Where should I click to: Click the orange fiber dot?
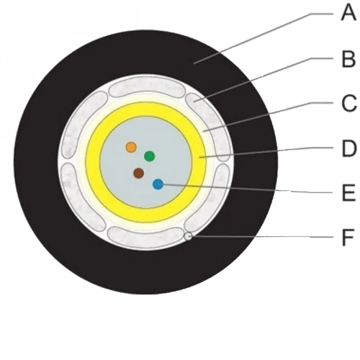click(x=131, y=147)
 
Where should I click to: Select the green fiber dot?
click(x=149, y=156)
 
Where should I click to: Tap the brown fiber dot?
click(x=139, y=173)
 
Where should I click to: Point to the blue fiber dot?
click(x=158, y=184)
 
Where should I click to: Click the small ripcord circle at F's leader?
click(x=189, y=236)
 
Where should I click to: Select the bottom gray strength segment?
click(x=146, y=237)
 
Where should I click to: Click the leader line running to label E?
click(x=246, y=189)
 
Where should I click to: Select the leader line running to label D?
click(x=266, y=153)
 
